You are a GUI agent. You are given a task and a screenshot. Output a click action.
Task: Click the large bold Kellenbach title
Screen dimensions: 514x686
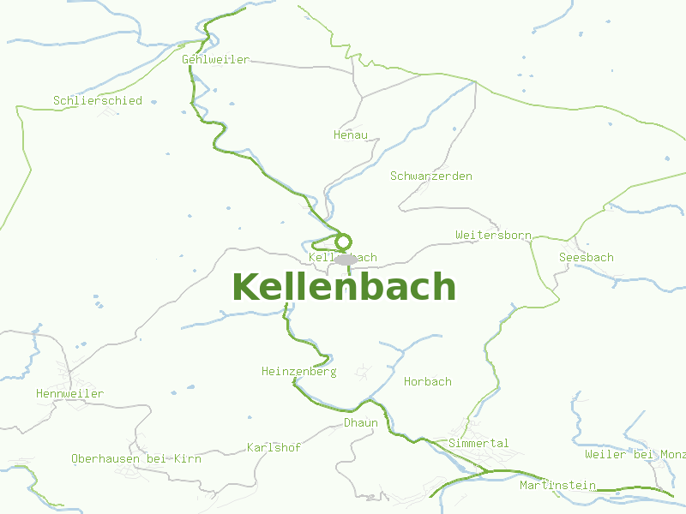coord(343,287)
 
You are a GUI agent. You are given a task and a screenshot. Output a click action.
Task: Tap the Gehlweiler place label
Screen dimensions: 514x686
coord(216,60)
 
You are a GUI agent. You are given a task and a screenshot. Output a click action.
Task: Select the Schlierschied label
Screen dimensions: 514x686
coord(98,101)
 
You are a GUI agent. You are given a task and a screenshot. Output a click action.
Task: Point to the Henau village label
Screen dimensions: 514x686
coord(351,135)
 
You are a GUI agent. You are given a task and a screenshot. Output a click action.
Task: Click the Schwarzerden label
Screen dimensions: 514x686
coord(431,176)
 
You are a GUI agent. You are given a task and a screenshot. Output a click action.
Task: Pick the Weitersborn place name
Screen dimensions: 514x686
coord(493,235)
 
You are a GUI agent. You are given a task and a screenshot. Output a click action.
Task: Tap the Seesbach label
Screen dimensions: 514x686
coord(587,258)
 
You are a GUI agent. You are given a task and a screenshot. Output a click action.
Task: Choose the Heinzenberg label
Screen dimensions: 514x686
coord(299,372)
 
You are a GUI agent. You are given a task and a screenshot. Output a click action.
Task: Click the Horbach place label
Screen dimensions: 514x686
coord(428,382)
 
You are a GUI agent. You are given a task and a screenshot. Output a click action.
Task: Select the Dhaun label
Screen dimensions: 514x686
coord(361,423)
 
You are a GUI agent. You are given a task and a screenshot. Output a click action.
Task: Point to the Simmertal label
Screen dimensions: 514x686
coord(478,444)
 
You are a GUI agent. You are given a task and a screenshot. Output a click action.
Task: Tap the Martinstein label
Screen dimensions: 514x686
coord(557,486)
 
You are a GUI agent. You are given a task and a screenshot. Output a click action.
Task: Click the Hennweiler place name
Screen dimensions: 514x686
coord(70,394)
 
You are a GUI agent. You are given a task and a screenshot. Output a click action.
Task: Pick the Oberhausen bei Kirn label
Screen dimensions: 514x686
coord(136,459)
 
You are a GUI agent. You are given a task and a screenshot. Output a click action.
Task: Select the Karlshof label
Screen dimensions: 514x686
coord(274,448)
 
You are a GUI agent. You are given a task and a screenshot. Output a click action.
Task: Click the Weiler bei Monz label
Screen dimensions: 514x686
coord(635,455)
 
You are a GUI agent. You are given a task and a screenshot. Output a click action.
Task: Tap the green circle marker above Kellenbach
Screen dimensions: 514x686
coord(344,242)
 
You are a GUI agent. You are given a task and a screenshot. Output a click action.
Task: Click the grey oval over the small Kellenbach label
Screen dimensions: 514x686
coord(346,260)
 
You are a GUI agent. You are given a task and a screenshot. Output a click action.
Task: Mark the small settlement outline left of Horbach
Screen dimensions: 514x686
coord(364,372)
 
